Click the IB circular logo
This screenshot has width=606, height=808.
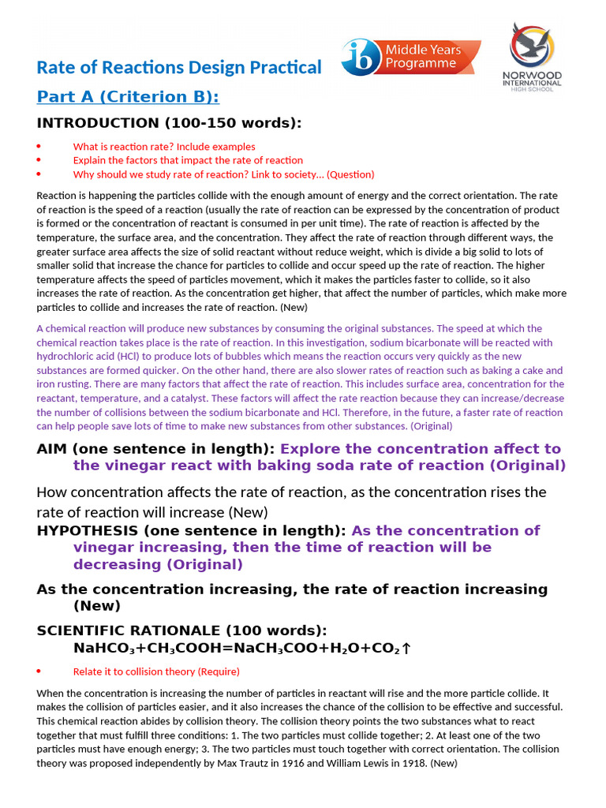[361, 58]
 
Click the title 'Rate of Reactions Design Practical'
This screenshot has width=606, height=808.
[179, 68]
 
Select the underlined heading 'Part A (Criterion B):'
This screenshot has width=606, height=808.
[128, 97]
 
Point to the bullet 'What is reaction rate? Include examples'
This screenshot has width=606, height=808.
[164, 147]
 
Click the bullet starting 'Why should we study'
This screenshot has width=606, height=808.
[223, 174]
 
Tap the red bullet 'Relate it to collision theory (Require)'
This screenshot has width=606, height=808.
[156, 671]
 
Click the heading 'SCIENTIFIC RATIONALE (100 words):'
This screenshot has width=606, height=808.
[181, 630]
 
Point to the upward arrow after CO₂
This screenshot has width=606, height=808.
[406, 649]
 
